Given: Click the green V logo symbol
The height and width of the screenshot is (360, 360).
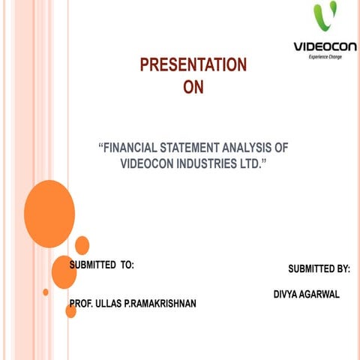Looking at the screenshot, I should pyautogui.click(x=325, y=19).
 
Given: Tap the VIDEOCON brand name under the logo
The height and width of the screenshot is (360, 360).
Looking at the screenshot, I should pyautogui.click(x=325, y=46).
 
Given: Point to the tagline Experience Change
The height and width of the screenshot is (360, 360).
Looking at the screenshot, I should pyautogui.click(x=331, y=57).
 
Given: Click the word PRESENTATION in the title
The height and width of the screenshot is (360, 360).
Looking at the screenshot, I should pyautogui.click(x=193, y=65).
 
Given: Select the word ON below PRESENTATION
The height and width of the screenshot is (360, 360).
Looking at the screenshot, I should pyautogui.click(x=193, y=88).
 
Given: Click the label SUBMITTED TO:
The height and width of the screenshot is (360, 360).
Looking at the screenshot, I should pyautogui.click(x=102, y=265).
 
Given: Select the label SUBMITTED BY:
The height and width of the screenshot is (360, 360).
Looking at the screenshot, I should pyautogui.click(x=319, y=268).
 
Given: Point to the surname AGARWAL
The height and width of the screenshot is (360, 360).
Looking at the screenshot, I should pyautogui.click(x=321, y=294).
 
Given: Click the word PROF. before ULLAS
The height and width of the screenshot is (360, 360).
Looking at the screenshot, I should pyautogui.click(x=82, y=304).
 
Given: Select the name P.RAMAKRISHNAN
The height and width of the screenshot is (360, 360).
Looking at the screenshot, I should pyautogui.click(x=163, y=304).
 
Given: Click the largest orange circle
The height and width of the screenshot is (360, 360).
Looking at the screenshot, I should pyautogui.click(x=49, y=214).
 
